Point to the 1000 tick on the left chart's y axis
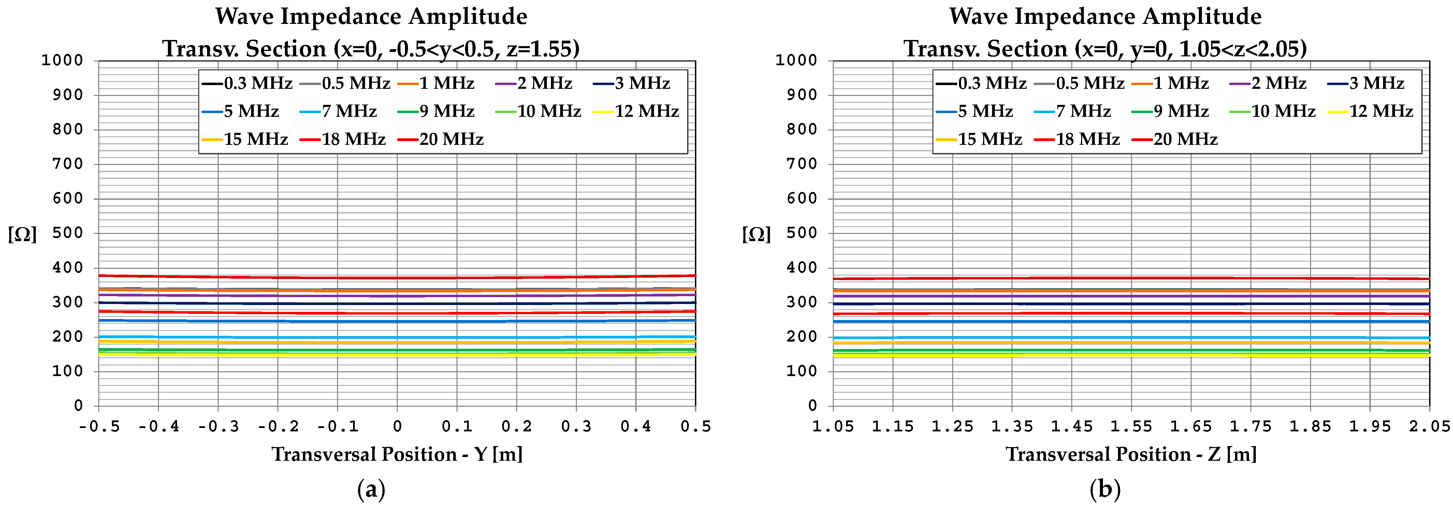pos(62,60)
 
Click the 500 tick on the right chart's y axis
pos(801,233)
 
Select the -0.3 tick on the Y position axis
pos(218,427)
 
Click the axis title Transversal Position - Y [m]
pos(397,454)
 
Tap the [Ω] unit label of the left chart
pos(23,234)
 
